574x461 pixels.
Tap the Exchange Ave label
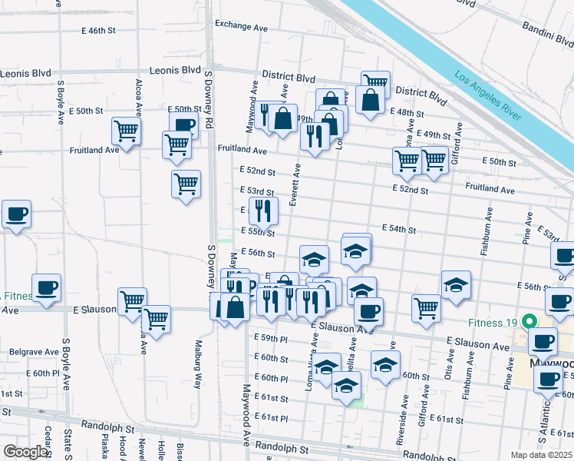pos(241,25)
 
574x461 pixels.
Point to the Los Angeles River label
pos(488,98)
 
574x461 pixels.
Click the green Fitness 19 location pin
pos(528,322)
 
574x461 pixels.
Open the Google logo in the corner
pos(25,452)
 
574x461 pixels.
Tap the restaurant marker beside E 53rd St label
pos(263,211)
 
